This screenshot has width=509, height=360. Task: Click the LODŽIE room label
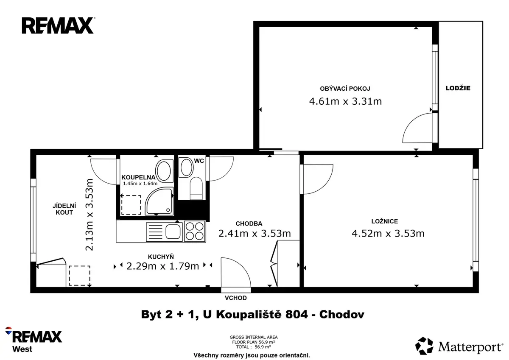(458, 88)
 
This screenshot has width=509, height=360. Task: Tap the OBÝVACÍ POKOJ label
(345, 89)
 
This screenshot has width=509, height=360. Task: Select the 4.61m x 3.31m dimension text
(345, 101)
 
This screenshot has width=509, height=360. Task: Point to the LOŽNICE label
(385, 221)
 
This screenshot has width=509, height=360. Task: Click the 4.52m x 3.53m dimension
(388, 234)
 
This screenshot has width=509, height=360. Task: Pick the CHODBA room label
(249, 224)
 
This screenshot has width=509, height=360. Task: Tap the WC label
(199, 161)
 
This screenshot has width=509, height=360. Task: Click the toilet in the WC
(196, 188)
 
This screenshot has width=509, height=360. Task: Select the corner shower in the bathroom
(159, 201)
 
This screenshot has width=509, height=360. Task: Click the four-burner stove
(195, 231)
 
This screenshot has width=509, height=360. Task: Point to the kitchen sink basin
(173, 232)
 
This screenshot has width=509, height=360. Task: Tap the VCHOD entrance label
(236, 298)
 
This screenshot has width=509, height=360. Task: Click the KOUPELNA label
(138, 177)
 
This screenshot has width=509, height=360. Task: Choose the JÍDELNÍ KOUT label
(64, 209)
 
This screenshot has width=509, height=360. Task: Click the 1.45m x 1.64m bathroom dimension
(140, 184)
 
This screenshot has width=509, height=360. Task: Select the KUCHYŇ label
(161, 257)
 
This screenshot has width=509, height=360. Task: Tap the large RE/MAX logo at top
(58, 25)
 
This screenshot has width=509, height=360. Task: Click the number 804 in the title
(296, 315)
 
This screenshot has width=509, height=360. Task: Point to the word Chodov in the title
(342, 315)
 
